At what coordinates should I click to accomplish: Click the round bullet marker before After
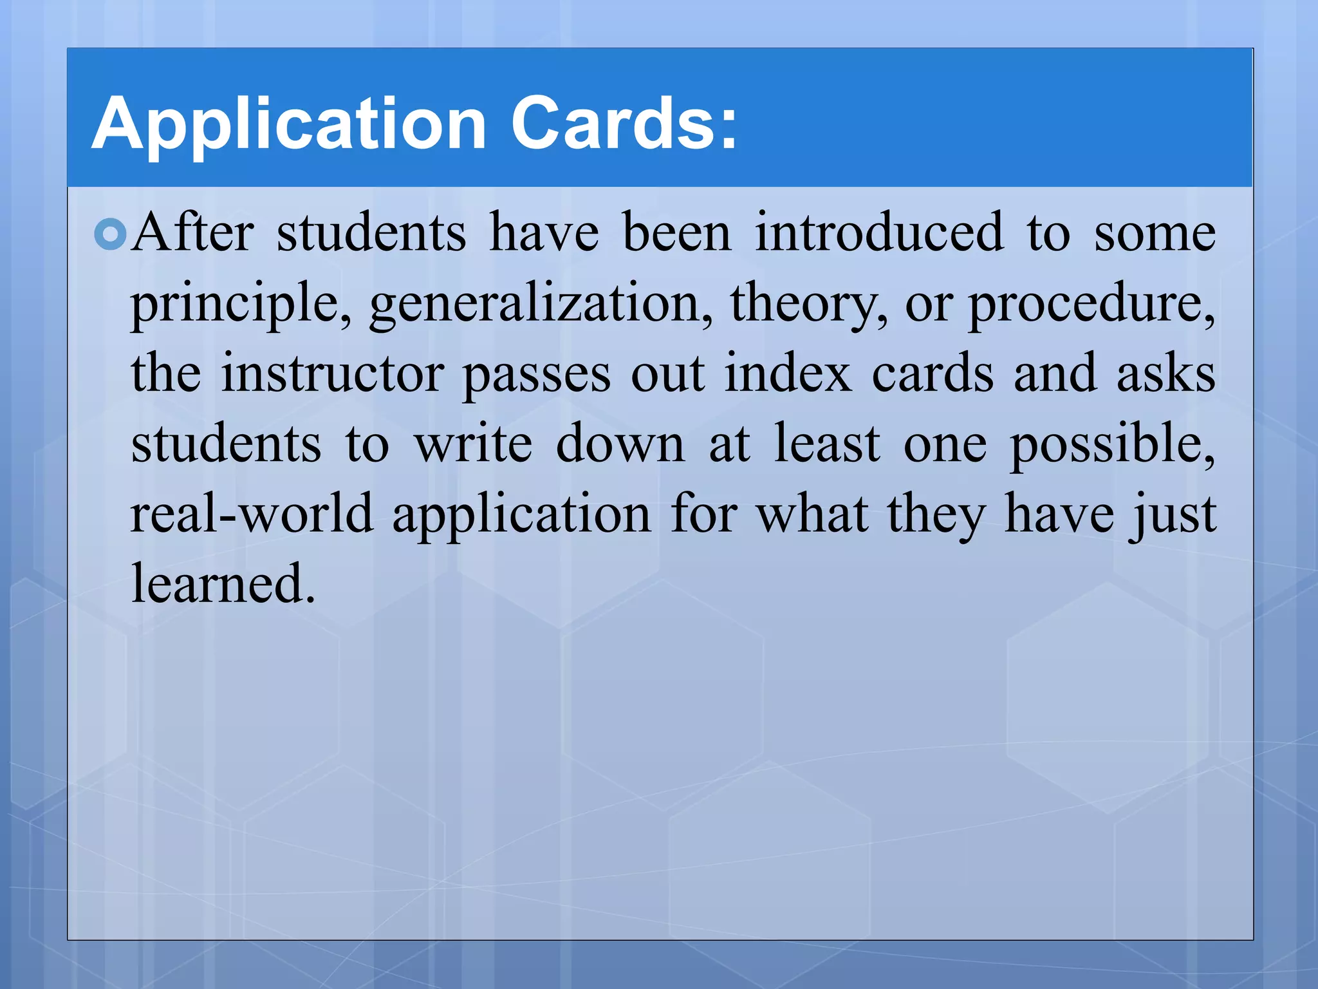110,234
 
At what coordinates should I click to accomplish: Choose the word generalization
541,304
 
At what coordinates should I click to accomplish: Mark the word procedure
1091,304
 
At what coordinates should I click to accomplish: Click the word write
473,444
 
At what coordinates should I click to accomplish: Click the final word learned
223,583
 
